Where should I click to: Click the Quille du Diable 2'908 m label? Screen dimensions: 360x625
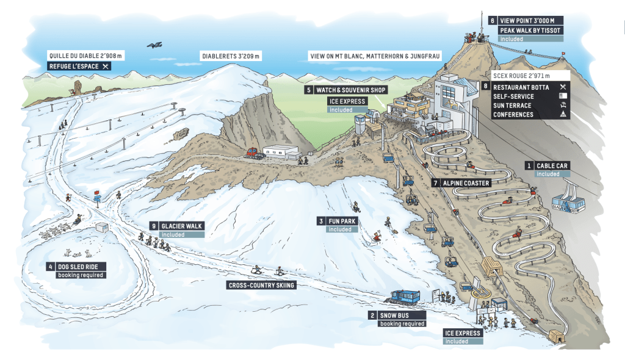pyautogui.click(x=85, y=56)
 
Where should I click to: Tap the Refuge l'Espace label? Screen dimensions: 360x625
pyautogui.click(x=79, y=66)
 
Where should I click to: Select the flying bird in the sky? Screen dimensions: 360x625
pyautogui.click(x=156, y=45)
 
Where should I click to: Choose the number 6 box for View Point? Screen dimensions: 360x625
pyautogui.click(x=491, y=20)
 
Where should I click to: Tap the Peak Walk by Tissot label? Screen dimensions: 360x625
pyautogui.click(x=529, y=30)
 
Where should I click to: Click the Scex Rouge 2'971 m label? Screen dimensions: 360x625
pyautogui.click(x=520, y=76)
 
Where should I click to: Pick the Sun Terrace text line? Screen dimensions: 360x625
pyautogui.click(x=512, y=106)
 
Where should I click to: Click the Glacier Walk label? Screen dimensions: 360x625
pyautogui.click(x=181, y=226)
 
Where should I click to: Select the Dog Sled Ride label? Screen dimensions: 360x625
pyautogui.click(x=80, y=266)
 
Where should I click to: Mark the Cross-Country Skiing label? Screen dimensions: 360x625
pyautogui.click(x=261, y=285)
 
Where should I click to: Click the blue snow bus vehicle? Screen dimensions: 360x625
pyautogui.click(x=403, y=298)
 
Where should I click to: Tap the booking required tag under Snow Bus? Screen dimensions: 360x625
pyautogui.click(x=402, y=323)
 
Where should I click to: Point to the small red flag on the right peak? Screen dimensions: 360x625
pyautogui.click(x=563, y=54)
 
